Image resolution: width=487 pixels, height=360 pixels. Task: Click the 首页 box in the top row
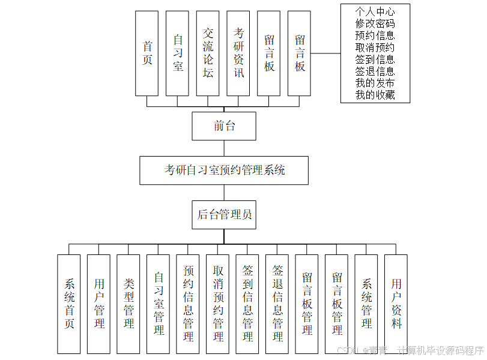coord(147,53)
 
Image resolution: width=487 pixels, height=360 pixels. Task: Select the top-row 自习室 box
coord(178,53)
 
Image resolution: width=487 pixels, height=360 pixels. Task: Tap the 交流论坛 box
coord(208,53)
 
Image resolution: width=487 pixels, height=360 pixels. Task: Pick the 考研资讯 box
coord(238,53)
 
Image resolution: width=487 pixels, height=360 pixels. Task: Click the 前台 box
coord(224,126)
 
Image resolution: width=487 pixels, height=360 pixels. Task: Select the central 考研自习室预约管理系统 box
coord(224,170)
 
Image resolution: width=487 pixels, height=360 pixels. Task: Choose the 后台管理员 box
coord(224,215)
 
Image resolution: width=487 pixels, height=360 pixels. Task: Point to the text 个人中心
coord(375,11)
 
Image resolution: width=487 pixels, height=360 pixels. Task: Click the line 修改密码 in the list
coord(375,23)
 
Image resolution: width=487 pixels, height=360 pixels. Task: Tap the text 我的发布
coord(375,83)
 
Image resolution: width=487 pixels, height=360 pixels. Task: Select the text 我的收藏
coord(375,95)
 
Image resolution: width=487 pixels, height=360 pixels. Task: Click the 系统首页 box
coord(69,304)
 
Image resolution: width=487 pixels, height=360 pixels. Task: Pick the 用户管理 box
coord(99,304)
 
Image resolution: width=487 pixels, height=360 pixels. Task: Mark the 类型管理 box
coord(129,304)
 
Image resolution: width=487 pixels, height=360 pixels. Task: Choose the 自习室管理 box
coord(159,304)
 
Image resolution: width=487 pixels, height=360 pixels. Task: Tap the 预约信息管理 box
coord(188,304)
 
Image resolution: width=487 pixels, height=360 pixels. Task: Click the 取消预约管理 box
coord(218,304)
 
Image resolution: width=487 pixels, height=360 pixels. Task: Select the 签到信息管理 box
coord(247,304)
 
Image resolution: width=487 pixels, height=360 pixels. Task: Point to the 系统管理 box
coord(366,304)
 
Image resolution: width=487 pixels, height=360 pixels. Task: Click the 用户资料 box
coord(396,304)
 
